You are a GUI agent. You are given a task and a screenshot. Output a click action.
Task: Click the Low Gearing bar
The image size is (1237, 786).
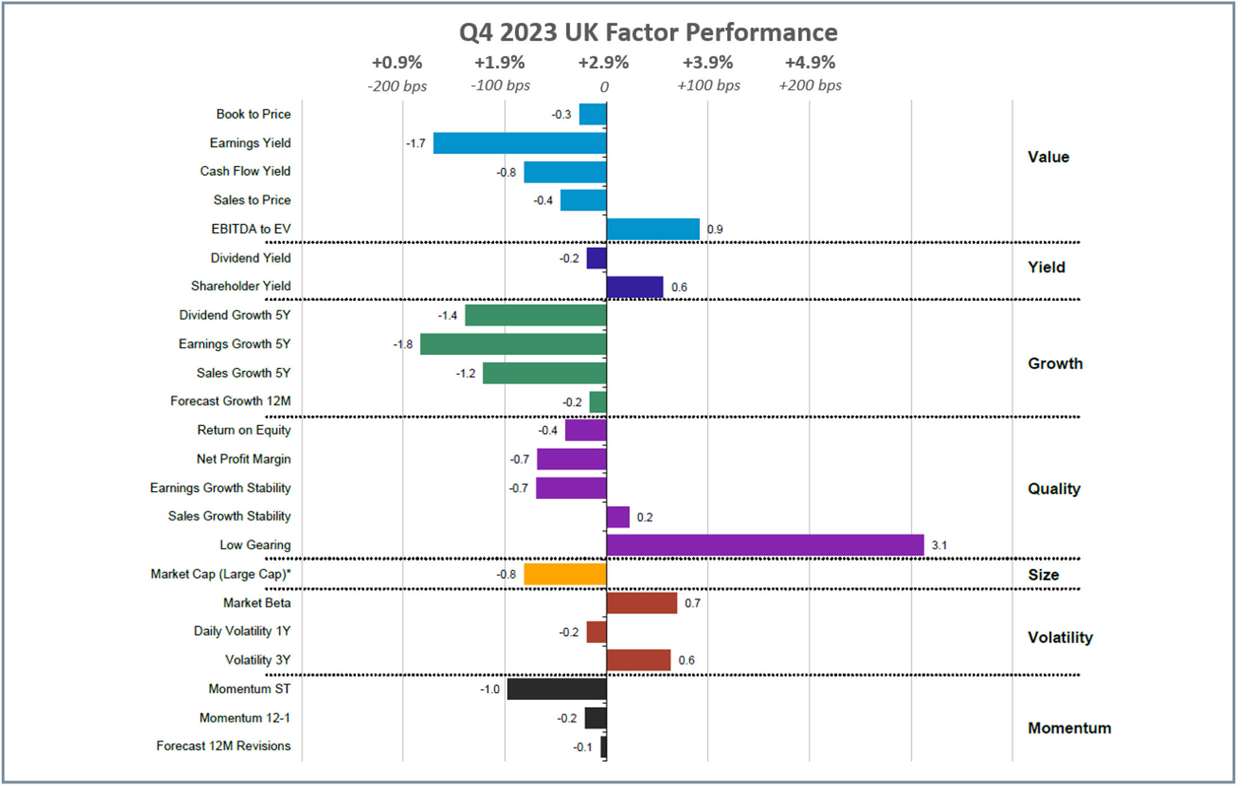765,545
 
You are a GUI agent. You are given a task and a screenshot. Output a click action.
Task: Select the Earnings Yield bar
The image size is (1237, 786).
520,143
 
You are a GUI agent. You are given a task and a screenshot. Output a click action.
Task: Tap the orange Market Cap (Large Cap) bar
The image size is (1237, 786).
565,574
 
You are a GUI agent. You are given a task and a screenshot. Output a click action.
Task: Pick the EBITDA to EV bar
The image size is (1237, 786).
653,230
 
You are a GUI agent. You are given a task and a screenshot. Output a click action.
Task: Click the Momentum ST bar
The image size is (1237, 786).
557,689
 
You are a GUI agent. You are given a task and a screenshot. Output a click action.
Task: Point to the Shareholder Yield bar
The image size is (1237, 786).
635,287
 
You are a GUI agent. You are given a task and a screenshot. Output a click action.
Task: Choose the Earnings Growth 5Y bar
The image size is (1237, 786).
513,344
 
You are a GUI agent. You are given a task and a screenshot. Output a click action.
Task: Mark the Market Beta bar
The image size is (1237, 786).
642,603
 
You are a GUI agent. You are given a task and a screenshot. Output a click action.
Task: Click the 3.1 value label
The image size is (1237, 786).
939,545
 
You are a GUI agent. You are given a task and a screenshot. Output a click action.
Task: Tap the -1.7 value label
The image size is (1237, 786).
416,143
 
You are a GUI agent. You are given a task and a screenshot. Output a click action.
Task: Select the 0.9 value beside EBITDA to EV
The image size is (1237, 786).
715,230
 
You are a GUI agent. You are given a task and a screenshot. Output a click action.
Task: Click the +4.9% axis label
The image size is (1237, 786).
810,62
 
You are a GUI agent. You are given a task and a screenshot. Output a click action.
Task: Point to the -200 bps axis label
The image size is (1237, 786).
397,86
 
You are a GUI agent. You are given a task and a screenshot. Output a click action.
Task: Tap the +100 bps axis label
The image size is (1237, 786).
708,86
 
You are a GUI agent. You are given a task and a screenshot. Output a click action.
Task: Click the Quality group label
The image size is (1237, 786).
1054,488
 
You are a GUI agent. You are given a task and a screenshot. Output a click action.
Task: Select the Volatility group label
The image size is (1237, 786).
1060,637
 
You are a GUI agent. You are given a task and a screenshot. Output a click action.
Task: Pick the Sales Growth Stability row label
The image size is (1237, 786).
229,516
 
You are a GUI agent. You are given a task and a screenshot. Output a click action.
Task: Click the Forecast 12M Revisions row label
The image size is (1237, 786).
223,746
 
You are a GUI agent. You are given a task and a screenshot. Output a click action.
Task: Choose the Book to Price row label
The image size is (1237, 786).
253,114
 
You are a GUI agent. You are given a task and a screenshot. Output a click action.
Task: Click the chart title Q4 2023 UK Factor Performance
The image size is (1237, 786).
648,33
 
